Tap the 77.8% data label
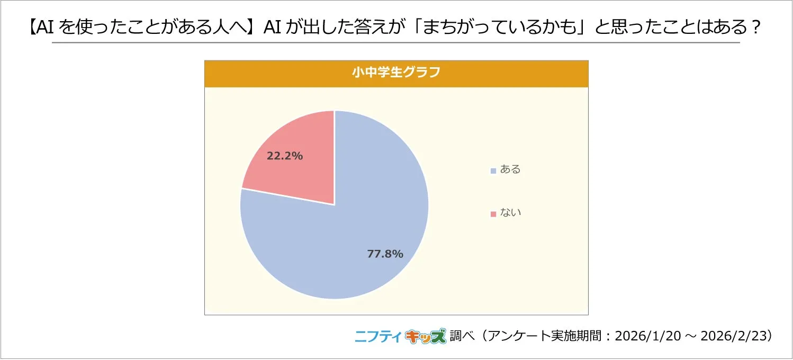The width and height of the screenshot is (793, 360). (x=385, y=254)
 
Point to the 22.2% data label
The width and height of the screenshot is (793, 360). (x=285, y=156)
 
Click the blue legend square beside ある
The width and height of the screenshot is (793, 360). (x=493, y=170)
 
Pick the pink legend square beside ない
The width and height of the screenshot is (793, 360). (x=493, y=214)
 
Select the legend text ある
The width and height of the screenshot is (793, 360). (x=510, y=170)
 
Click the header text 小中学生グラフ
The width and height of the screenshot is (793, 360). (x=396, y=73)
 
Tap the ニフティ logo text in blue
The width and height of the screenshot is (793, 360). (x=378, y=336)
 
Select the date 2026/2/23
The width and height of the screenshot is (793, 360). (x=733, y=336)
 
